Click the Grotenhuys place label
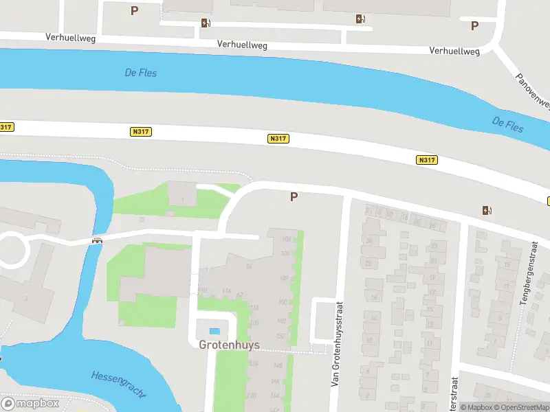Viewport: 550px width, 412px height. click(x=229, y=345)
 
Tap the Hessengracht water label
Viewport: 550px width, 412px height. click(x=118, y=385)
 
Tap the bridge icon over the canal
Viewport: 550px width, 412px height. click(x=98, y=240)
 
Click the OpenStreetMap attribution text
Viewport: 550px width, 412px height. click(x=522, y=407)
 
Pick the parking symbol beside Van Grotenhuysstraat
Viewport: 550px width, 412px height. click(x=294, y=196)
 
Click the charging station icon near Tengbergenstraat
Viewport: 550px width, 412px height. click(x=487, y=210)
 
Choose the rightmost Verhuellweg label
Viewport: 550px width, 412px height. click(x=454, y=51)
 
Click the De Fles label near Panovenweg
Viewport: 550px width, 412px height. click(x=507, y=124)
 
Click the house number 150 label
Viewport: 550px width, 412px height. click(x=280, y=335)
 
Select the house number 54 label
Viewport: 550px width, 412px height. click(x=250, y=266)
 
